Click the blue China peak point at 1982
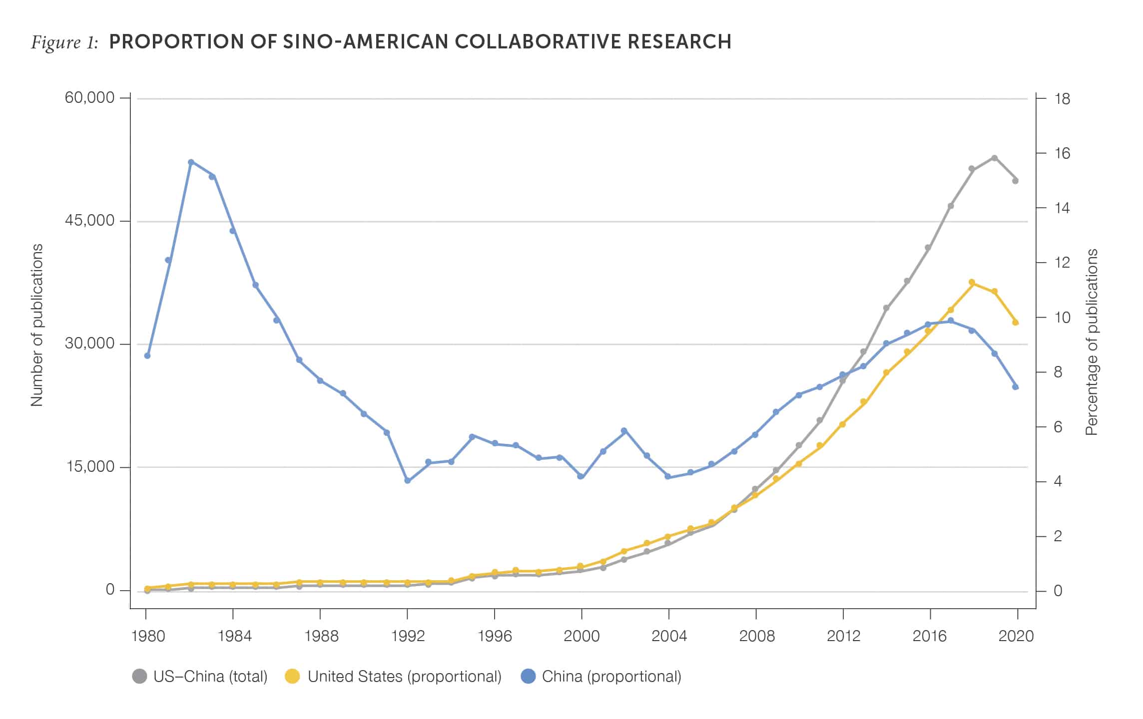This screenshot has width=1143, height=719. (x=191, y=162)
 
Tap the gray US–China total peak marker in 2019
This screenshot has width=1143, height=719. (x=994, y=158)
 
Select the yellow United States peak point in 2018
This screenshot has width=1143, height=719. (x=972, y=283)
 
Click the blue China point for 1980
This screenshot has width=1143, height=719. (x=147, y=356)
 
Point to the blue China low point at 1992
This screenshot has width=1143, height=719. (x=408, y=481)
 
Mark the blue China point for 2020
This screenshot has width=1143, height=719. (x=1016, y=387)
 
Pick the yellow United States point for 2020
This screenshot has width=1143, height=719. (x=1016, y=323)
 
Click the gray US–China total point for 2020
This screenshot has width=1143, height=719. (x=1016, y=181)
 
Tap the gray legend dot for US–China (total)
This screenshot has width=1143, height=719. (x=140, y=677)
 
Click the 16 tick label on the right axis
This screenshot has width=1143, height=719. (x=1062, y=153)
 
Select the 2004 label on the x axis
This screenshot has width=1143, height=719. (x=669, y=636)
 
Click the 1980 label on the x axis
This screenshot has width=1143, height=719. (x=148, y=636)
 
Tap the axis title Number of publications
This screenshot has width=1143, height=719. (x=37, y=325)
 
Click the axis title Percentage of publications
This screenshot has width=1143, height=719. (x=1093, y=342)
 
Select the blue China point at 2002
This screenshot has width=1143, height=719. (x=624, y=431)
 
